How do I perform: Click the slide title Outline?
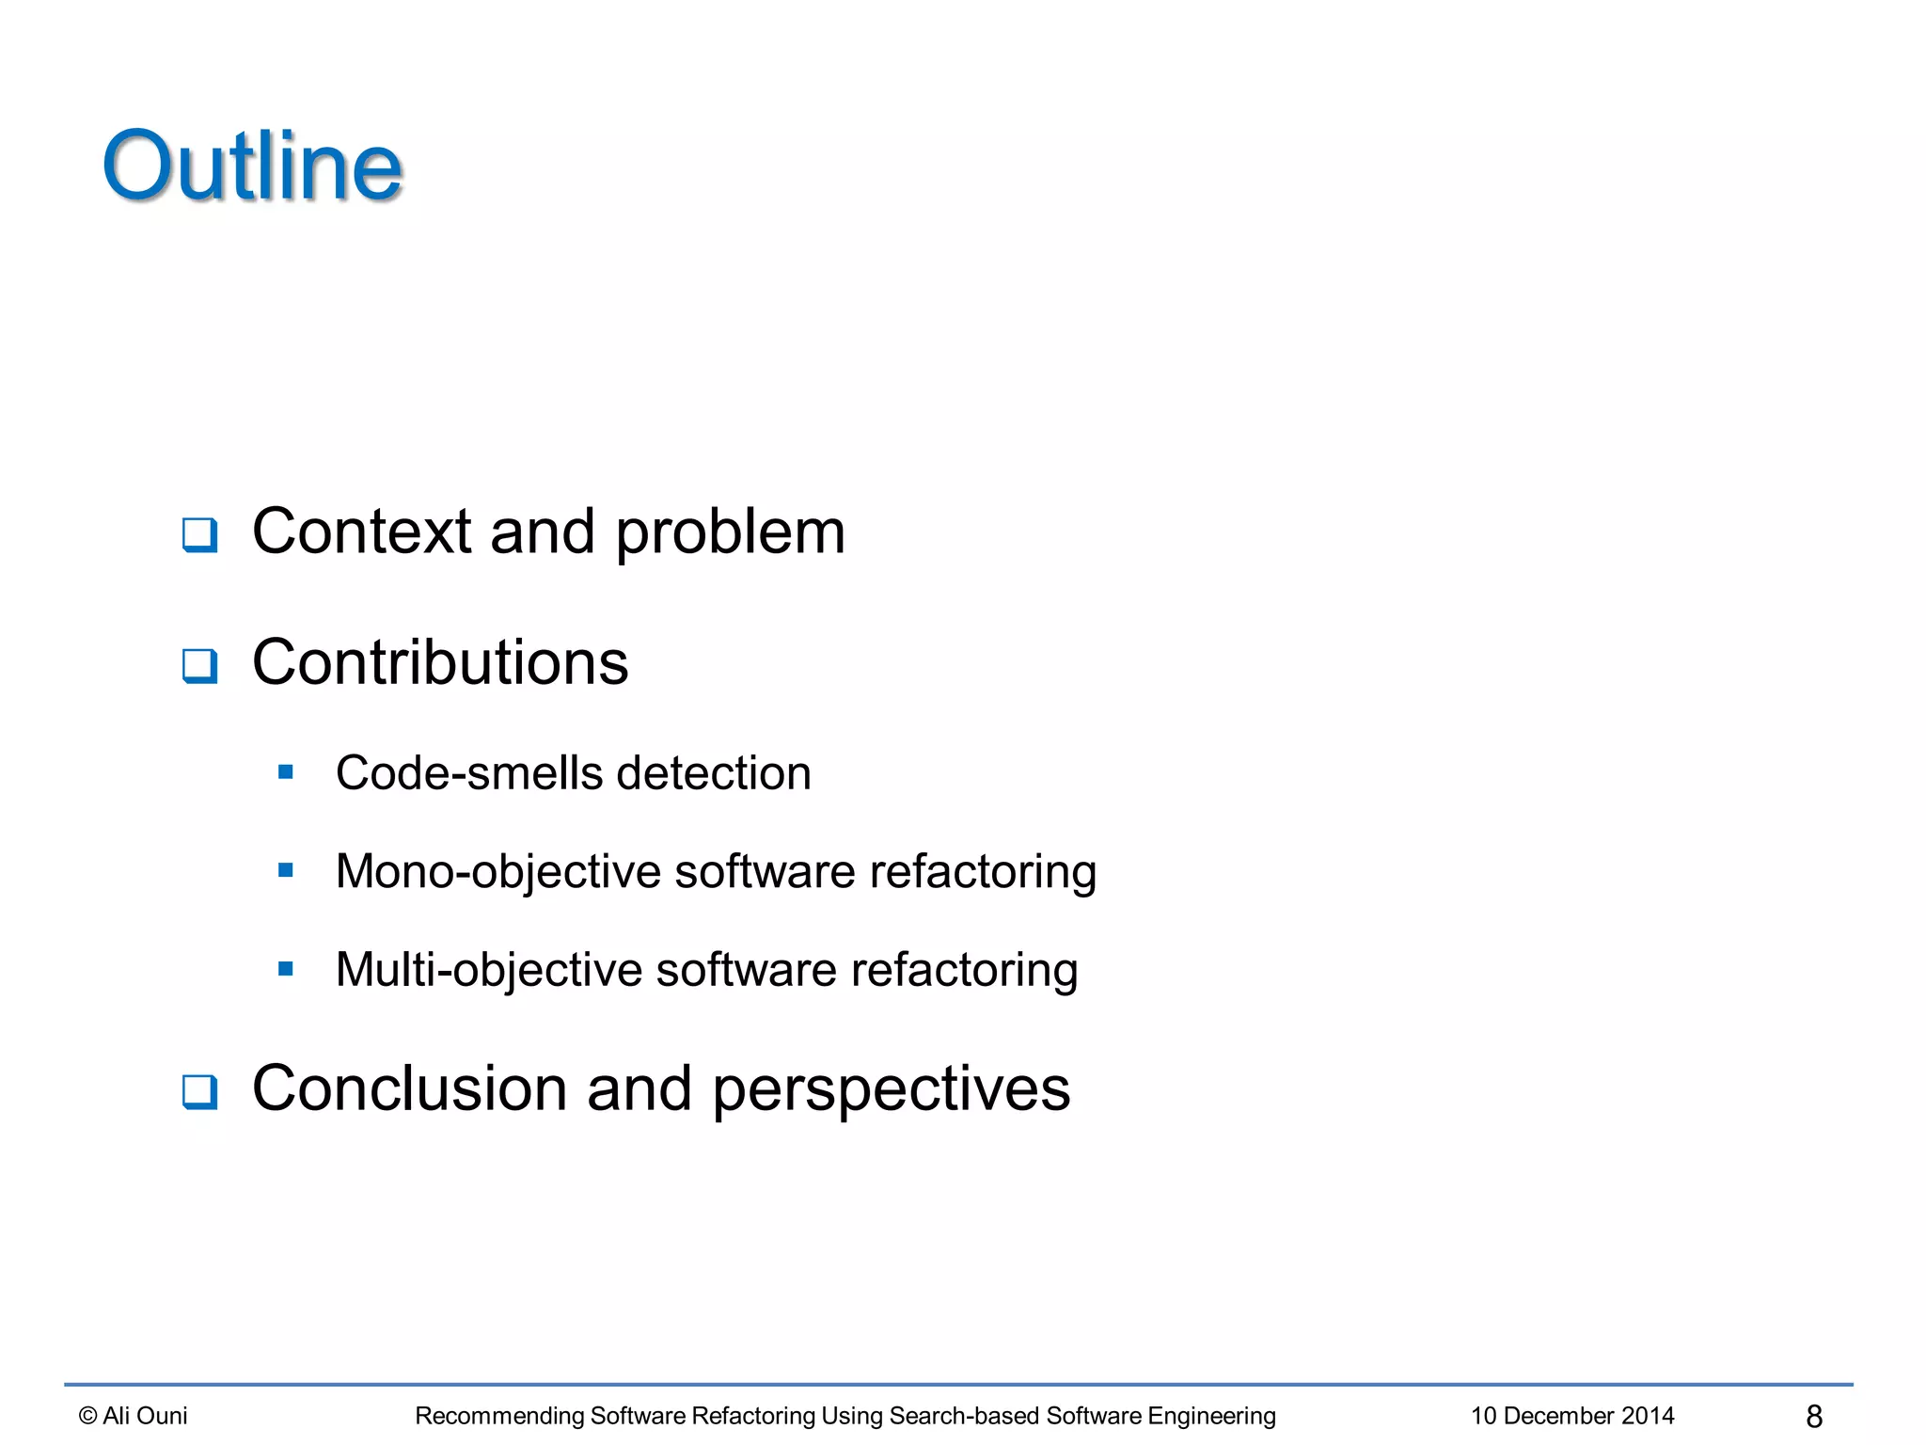point(253,167)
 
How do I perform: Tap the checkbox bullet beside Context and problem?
point(199,535)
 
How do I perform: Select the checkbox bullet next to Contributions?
point(199,666)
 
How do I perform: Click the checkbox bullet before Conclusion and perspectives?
point(199,1092)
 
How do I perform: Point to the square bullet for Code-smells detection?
point(286,773)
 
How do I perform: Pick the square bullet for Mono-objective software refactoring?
point(286,871)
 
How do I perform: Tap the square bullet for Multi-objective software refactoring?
point(286,969)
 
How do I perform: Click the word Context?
point(361,532)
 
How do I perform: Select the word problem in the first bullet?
point(731,533)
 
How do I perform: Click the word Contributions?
point(440,662)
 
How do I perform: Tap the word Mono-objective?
point(498,872)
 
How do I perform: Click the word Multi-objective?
point(488,970)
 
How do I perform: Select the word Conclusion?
point(410,1088)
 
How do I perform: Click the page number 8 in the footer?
point(1814,1416)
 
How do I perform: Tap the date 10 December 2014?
point(1572,1416)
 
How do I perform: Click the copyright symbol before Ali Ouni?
point(88,1416)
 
